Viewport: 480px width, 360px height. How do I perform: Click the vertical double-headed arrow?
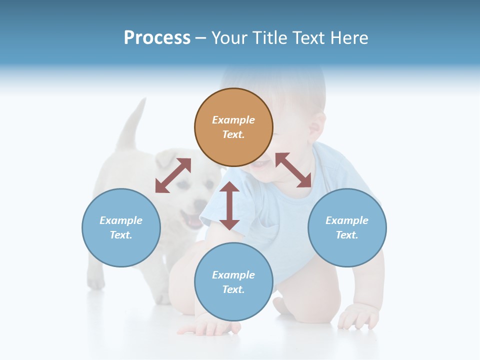pyautogui.click(x=229, y=205)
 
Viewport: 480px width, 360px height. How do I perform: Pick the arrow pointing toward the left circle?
pyautogui.click(x=173, y=175)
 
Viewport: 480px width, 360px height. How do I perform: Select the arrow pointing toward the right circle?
pyautogui.click(x=293, y=170)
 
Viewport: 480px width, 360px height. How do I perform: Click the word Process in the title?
pyautogui.click(x=157, y=37)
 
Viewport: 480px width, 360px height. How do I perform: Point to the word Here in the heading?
pyautogui.click(x=350, y=38)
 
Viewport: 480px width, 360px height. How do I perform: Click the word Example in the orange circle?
pyautogui.click(x=233, y=120)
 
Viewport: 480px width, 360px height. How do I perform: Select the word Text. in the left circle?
pyautogui.click(x=121, y=235)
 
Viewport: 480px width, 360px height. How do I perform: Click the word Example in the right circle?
pyautogui.click(x=347, y=220)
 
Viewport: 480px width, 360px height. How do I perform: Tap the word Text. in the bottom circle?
pyautogui.click(x=233, y=289)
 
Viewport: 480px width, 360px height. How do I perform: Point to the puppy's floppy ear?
pyautogui.click(x=165, y=160)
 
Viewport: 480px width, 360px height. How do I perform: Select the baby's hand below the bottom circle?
pyautogui.click(x=210, y=327)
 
